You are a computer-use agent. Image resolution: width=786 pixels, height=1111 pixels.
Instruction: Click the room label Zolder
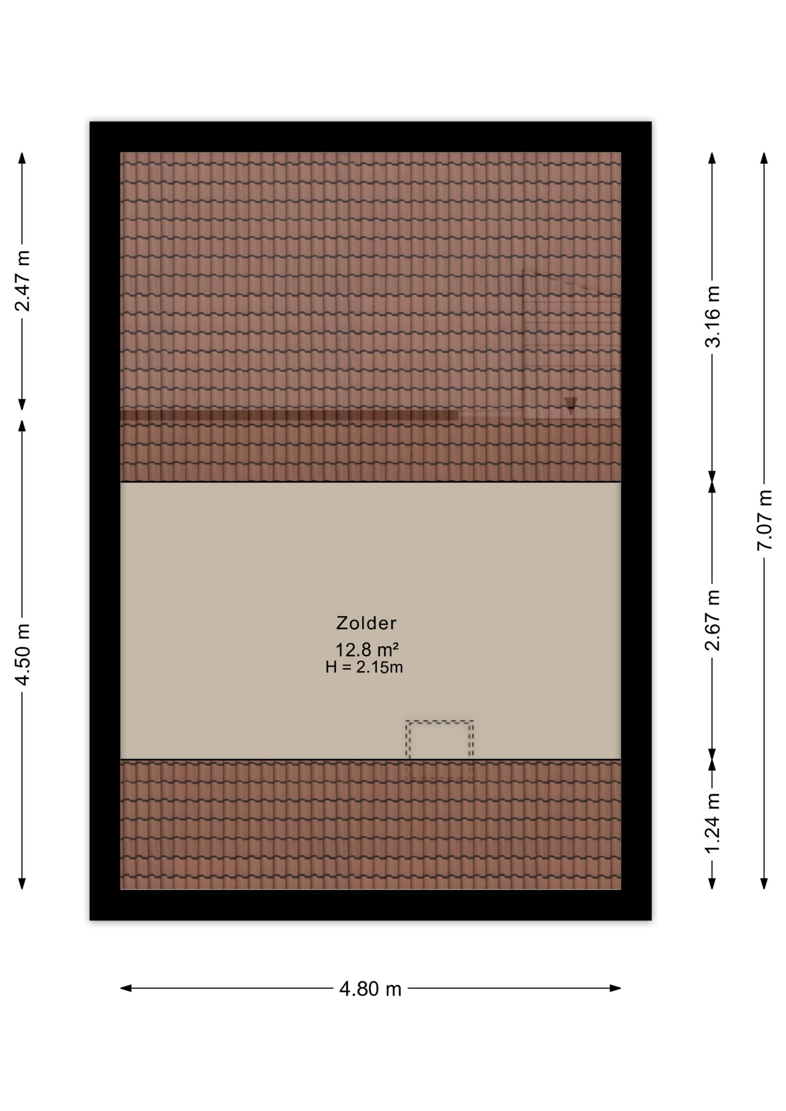pyautogui.click(x=366, y=623)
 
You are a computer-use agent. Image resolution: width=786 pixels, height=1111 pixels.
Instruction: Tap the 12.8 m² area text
pyautogui.click(x=367, y=649)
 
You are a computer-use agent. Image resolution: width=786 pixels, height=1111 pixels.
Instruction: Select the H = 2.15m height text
pyautogui.click(x=364, y=667)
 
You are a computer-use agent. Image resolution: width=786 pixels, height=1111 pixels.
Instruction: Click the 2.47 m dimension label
pyautogui.click(x=22, y=281)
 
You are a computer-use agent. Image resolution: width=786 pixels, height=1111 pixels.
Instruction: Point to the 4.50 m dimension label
pyautogui.click(x=22, y=655)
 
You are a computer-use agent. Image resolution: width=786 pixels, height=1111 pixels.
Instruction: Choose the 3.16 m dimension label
pyautogui.click(x=712, y=317)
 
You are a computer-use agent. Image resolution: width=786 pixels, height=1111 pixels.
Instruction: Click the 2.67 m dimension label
pyautogui.click(x=712, y=620)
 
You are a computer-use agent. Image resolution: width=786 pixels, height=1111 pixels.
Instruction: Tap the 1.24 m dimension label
pyautogui.click(x=712, y=822)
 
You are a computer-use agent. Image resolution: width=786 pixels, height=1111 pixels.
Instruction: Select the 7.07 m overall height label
pyautogui.click(x=765, y=520)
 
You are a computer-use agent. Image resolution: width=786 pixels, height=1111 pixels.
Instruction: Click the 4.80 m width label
pyautogui.click(x=370, y=989)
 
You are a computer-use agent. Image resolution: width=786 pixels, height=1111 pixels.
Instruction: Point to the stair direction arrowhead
pyautogui.click(x=571, y=403)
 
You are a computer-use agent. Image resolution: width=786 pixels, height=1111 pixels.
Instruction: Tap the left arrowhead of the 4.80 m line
pyautogui.click(x=126, y=988)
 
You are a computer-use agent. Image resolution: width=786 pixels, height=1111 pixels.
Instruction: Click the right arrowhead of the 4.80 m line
pyautogui.click(x=615, y=988)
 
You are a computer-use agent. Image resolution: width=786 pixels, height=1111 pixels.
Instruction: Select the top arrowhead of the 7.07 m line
pyautogui.click(x=764, y=158)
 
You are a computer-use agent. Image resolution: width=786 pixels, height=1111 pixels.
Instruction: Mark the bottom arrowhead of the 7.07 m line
pyautogui.click(x=764, y=884)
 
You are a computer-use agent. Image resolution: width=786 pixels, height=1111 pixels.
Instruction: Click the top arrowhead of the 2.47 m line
pyautogui.click(x=22, y=158)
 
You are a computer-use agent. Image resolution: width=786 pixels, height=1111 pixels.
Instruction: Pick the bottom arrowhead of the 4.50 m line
pyautogui.click(x=22, y=884)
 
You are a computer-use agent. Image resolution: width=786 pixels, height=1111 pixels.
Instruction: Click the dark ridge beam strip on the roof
pyautogui.click(x=289, y=415)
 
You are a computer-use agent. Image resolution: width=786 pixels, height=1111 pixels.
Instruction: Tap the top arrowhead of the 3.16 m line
pyautogui.click(x=712, y=158)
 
